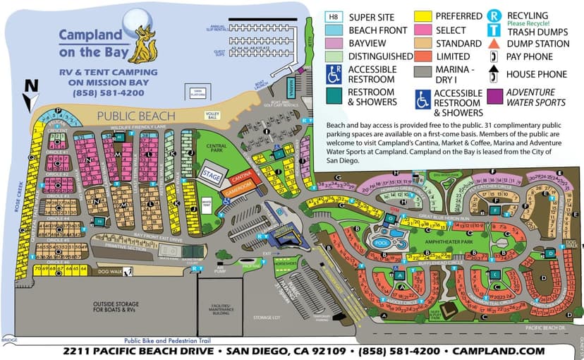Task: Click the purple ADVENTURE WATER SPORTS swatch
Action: (497, 95)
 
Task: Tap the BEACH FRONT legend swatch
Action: (334, 30)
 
